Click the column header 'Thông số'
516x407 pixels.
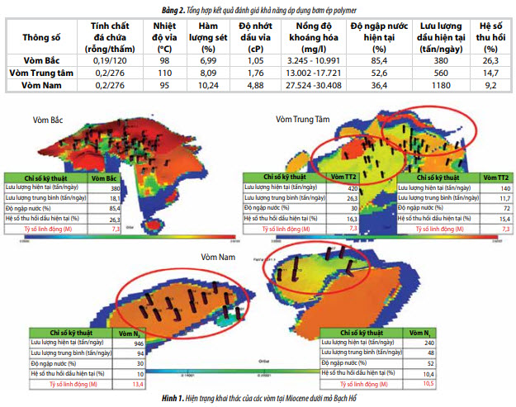tap(42, 37)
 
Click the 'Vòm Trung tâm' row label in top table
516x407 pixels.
tap(42, 72)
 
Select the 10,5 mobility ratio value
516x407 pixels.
tap(451, 383)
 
